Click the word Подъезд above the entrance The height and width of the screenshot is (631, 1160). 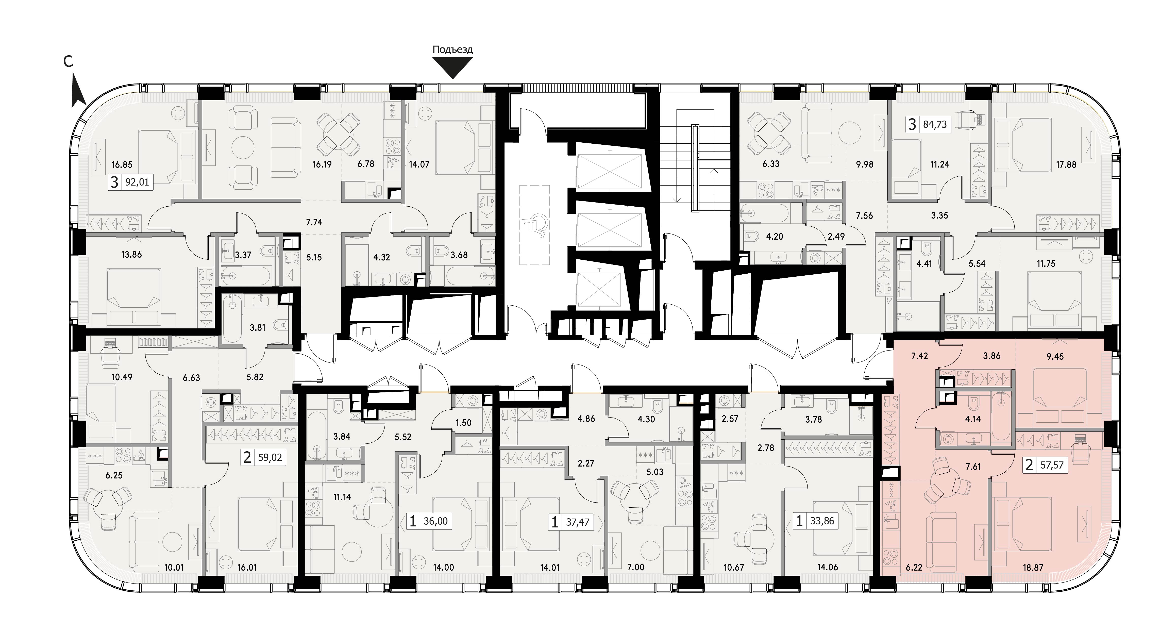coord(452,49)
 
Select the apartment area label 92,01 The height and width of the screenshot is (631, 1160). coord(137,182)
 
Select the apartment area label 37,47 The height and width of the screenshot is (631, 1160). coord(577,522)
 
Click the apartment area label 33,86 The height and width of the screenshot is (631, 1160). coord(822,521)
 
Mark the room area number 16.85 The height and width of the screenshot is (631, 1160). coord(122,165)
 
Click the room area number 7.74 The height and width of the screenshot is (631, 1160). coord(314,222)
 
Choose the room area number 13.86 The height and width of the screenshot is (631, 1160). coord(131,255)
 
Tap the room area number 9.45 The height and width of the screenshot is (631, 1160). coord(1055,357)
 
